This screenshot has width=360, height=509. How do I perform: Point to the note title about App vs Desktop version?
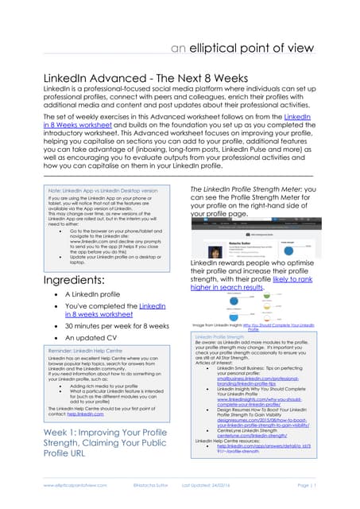click(103, 191)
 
